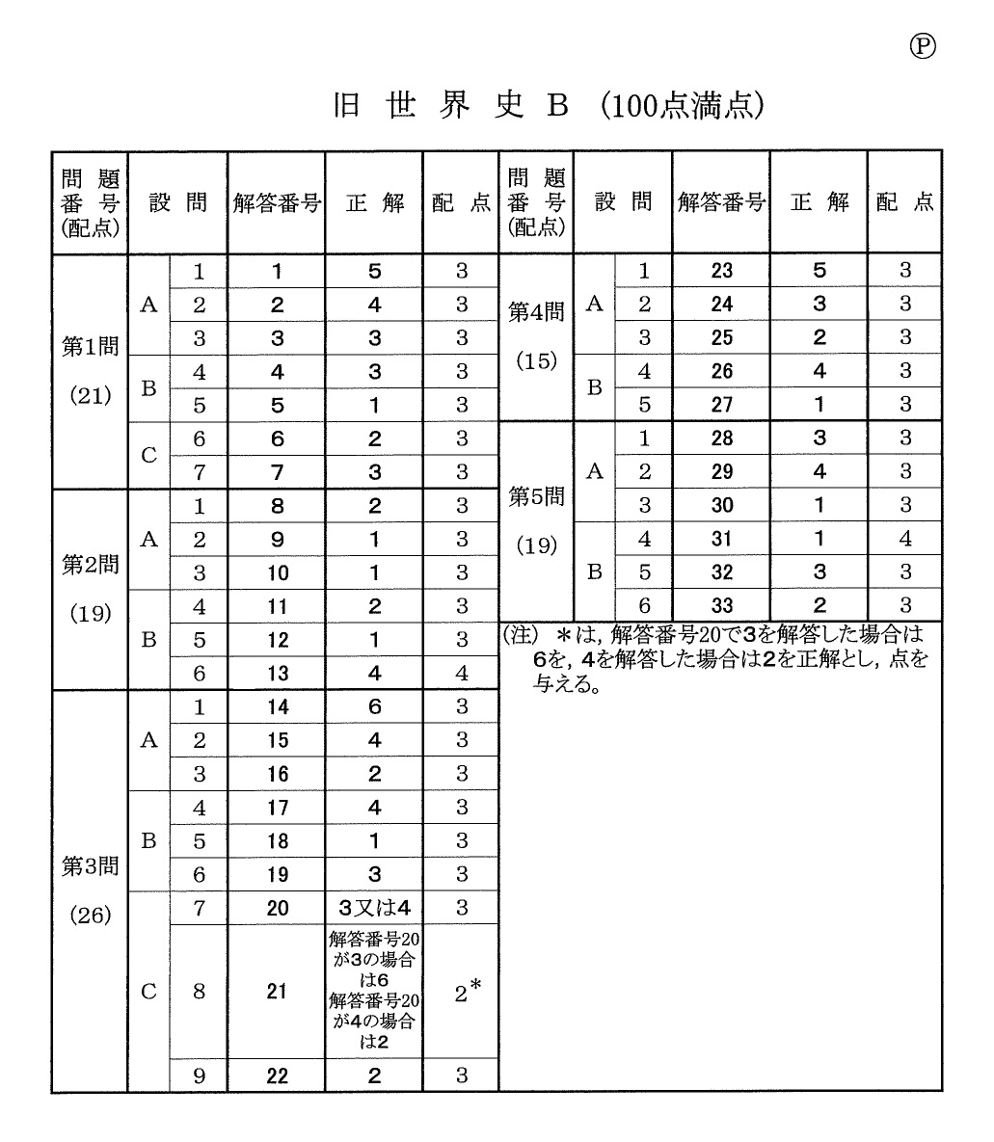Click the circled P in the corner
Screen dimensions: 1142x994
[x=923, y=46]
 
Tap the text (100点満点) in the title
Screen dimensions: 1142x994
[x=682, y=106]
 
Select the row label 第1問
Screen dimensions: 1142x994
[x=90, y=346]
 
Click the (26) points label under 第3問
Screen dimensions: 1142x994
[x=90, y=915]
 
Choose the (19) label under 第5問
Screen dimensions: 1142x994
[x=536, y=545]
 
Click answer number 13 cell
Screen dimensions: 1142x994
[x=277, y=674]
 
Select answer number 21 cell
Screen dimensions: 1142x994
[x=277, y=991]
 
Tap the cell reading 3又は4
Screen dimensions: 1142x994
[x=374, y=908]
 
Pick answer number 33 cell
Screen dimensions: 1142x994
[x=721, y=605]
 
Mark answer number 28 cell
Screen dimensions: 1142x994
[x=721, y=438]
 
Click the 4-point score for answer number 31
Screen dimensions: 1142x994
[x=904, y=539]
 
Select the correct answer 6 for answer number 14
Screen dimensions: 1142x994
[x=374, y=706]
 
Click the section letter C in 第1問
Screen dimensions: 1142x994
[x=148, y=455]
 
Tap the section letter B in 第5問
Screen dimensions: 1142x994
[x=595, y=571]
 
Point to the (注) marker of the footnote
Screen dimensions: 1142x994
[x=519, y=635]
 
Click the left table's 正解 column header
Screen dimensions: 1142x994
[x=374, y=203]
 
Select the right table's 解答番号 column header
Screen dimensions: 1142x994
[x=721, y=202]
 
